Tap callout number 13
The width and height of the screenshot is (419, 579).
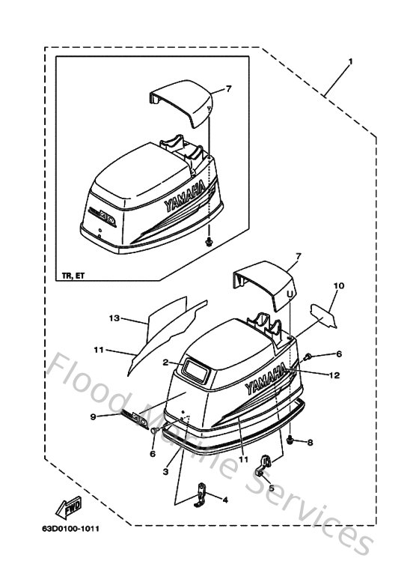(x=114, y=318)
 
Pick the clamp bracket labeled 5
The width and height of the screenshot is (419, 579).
(x=262, y=465)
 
